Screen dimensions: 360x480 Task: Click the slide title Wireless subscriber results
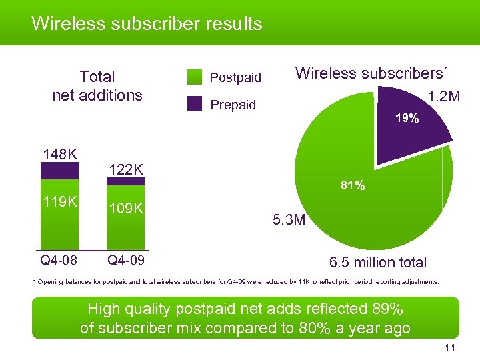147,24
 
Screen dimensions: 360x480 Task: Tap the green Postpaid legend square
195,77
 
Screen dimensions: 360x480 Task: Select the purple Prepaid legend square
195,104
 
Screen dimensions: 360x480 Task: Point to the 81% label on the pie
352,186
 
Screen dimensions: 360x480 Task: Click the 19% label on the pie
407,119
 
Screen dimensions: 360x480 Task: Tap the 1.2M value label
443,97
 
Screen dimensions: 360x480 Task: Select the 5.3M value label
288,219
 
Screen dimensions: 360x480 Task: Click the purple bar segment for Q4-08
59,171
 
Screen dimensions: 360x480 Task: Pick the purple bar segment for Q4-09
126,180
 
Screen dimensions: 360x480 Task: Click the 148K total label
59,155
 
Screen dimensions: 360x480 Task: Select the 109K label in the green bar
126,208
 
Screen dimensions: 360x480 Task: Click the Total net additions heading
97,86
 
